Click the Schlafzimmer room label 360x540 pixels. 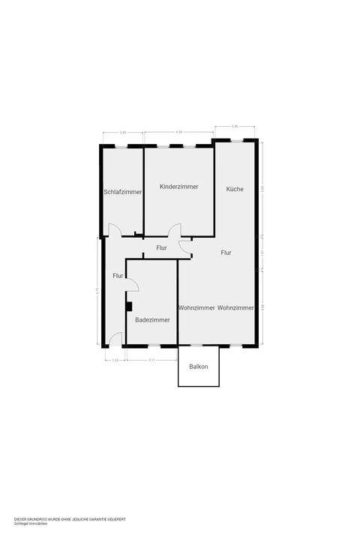tap(122, 193)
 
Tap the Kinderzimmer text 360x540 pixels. tap(179, 187)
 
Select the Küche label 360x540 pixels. tap(235, 189)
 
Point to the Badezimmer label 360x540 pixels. tap(152, 319)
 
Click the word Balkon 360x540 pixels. tap(199, 367)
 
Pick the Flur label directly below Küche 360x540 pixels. tap(226, 253)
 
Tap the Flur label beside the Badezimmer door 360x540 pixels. tap(118, 276)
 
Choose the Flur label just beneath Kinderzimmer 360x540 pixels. tap(161, 247)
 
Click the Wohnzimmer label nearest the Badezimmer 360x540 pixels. tap(196, 307)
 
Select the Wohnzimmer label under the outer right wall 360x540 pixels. tap(236, 307)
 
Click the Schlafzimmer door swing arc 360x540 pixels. tap(115, 230)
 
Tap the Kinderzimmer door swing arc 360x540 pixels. tap(175, 230)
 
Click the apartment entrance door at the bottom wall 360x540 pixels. tap(115, 340)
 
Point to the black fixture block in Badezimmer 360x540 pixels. tap(129, 306)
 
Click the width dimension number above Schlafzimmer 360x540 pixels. tap(123, 133)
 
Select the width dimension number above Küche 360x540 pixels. tap(235, 126)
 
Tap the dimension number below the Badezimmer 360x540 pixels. tap(151, 360)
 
